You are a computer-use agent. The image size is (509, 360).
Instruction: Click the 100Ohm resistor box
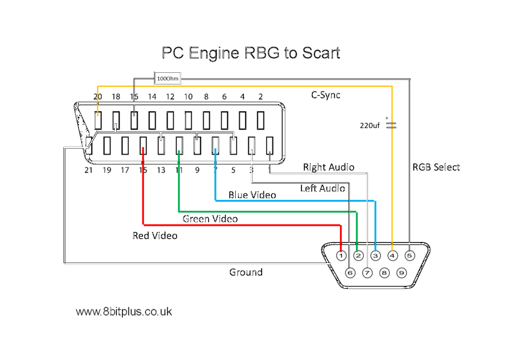[167, 79]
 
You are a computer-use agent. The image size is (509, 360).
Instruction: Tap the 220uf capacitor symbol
[391, 125]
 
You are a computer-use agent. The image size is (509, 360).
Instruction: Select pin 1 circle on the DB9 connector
[341, 256]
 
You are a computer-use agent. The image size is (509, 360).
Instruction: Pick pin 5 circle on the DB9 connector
[409, 256]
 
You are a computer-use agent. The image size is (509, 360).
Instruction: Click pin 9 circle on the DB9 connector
[401, 272]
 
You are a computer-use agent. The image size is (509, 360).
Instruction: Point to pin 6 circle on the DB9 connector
[350, 272]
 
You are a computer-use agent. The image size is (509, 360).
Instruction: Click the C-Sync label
[325, 95]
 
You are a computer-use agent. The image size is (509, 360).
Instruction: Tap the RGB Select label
[436, 167]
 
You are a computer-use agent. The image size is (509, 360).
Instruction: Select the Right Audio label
[329, 167]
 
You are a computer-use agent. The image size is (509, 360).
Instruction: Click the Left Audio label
[322, 188]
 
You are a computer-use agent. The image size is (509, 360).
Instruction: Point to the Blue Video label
[252, 195]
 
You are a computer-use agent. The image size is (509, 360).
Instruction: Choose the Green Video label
[210, 219]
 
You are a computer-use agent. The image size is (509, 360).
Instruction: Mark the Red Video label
[155, 235]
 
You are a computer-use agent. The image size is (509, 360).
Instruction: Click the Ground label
[246, 272]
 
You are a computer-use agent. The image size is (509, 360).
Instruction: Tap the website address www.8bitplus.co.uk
[124, 312]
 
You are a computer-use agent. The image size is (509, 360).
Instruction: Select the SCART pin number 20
[98, 96]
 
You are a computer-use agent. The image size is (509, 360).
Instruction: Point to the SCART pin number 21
[88, 170]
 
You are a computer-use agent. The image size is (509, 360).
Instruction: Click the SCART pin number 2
[260, 96]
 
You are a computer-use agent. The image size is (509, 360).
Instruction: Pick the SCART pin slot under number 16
[134, 120]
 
